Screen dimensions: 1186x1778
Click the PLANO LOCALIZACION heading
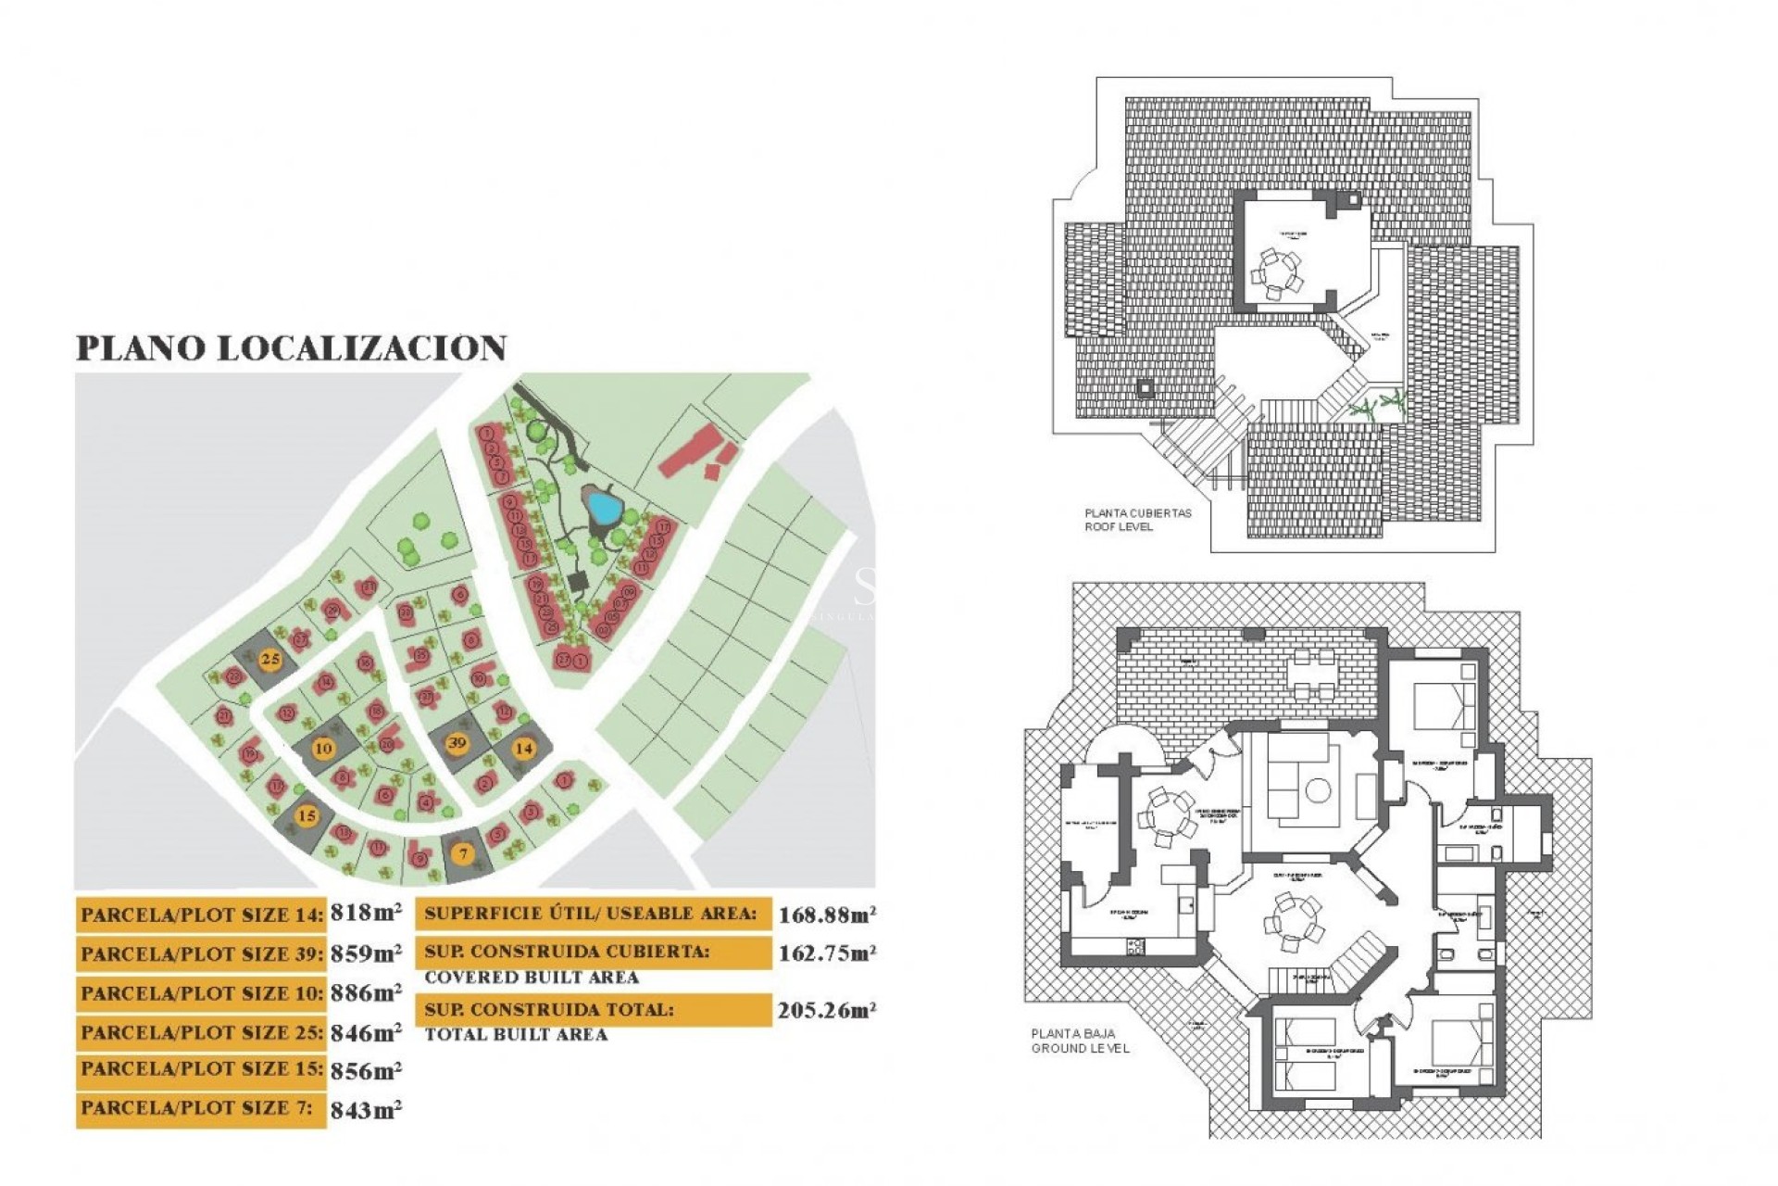[x=291, y=348]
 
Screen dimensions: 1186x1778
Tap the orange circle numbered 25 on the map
[x=270, y=660]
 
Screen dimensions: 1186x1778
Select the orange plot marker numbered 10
[x=323, y=749]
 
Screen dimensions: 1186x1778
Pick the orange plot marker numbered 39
[x=457, y=743]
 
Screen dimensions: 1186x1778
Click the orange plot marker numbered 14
[x=524, y=748]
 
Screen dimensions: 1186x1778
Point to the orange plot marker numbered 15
[x=307, y=816]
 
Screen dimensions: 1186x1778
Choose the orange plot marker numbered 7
[x=464, y=854]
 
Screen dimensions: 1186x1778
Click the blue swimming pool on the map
[x=604, y=507]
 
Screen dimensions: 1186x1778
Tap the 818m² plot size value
[x=366, y=914]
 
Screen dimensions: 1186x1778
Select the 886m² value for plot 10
[x=366, y=993]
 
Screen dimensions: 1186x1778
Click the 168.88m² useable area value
[x=827, y=915]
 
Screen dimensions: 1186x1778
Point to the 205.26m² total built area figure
[x=827, y=1010]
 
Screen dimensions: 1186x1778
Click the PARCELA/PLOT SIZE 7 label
[x=196, y=1108]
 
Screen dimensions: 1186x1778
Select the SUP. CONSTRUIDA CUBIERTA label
[x=567, y=952]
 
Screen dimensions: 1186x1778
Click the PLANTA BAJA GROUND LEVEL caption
[x=1080, y=1041]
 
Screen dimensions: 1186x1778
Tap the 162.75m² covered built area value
[x=827, y=953]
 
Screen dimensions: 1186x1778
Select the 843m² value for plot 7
[x=366, y=1110]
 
